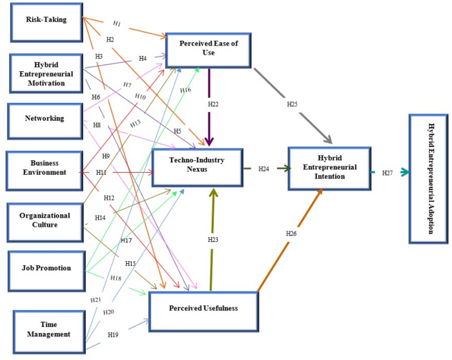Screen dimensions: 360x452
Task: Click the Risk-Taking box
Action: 46,20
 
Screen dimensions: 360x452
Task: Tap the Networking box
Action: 45,119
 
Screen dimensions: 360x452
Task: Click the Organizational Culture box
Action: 45,220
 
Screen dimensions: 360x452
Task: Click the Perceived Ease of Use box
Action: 209,47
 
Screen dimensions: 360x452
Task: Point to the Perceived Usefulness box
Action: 203,309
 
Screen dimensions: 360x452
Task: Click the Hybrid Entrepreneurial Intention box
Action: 330,167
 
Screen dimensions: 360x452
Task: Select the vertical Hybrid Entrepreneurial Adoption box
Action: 431,179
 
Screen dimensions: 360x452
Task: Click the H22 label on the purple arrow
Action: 213,104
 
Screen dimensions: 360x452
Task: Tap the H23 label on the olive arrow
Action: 212,240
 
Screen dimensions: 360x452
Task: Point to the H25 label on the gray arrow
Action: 292,104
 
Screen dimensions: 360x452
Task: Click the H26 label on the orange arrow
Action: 291,233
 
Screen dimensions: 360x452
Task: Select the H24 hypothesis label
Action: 264,169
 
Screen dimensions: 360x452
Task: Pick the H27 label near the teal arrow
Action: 387,173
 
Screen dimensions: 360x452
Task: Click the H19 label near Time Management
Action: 114,334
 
